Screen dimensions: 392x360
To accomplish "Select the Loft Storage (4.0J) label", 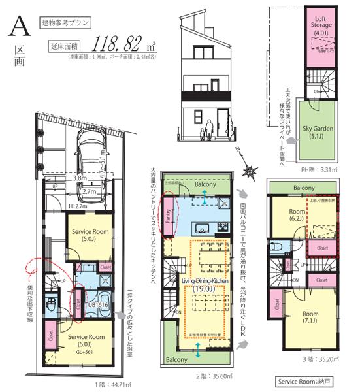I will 320,26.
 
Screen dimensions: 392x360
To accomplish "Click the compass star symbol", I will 248,172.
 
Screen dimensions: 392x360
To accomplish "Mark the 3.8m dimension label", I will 79,178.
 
